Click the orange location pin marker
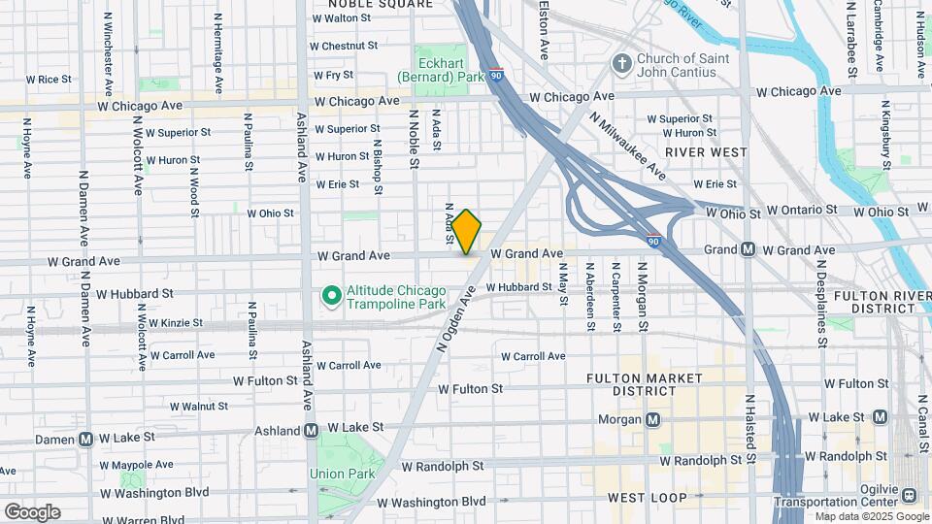[x=467, y=232]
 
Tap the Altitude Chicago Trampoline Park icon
[x=330, y=294]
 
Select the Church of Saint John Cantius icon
[x=621, y=65]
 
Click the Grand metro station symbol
[x=749, y=249]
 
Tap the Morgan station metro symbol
[x=653, y=420]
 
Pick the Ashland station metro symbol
[x=312, y=430]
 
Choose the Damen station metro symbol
[x=85, y=439]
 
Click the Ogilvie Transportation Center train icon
[x=911, y=495]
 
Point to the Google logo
[x=32, y=512]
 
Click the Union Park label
[x=336, y=474]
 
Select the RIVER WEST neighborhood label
[x=706, y=152]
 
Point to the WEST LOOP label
[x=647, y=498]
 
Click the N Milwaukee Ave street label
[x=627, y=145]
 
